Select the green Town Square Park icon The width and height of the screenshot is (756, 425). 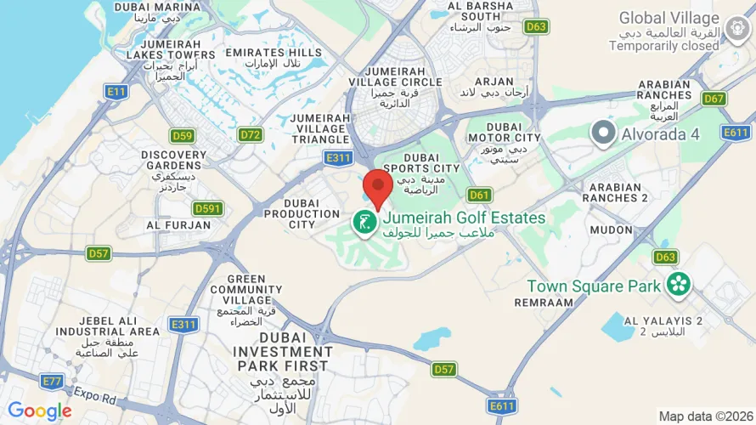coord(677,286)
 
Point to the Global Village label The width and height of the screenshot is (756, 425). coord(669,19)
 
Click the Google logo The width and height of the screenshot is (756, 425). coord(39,411)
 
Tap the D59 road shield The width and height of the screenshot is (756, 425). coord(182,134)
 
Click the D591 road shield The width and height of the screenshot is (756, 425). coord(207,208)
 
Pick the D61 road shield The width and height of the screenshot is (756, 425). coord(480,195)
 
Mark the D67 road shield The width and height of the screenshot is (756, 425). coord(714,99)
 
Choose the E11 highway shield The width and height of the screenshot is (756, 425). coord(116,90)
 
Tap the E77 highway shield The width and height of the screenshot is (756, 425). coord(53,382)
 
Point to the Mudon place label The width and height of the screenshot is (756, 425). coord(611,230)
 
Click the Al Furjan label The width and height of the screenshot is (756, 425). coord(178,225)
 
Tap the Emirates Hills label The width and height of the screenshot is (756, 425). coord(274,53)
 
